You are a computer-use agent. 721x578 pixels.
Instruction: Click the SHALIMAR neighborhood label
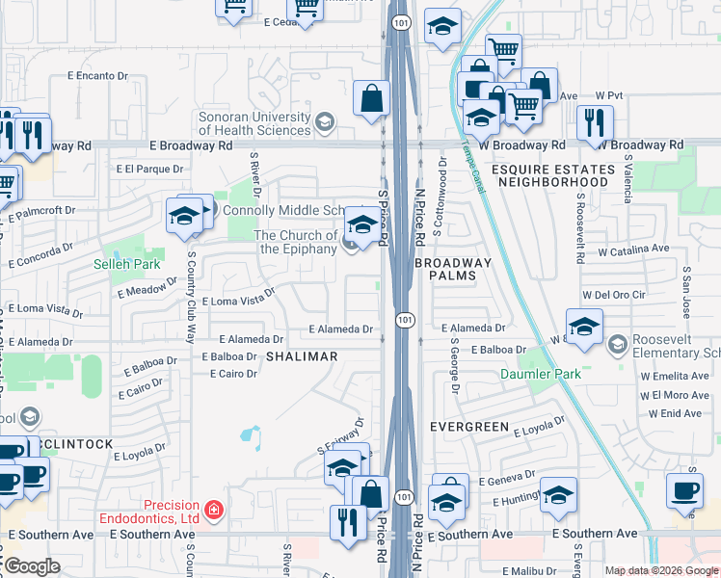[x=302, y=356]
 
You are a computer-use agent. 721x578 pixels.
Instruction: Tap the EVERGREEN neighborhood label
[x=468, y=426]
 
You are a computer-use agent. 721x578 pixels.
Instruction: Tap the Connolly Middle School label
[x=280, y=210]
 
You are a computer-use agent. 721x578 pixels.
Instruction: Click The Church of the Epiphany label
[x=295, y=242]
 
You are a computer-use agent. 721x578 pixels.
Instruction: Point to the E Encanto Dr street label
[x=97, y=75]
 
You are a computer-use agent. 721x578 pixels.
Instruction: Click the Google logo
[x=32, y=566]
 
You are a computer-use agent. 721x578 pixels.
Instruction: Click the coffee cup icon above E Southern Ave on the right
[x=685, y=489]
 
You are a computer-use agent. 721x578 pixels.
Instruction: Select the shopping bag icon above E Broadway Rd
[x=371, y=97]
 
